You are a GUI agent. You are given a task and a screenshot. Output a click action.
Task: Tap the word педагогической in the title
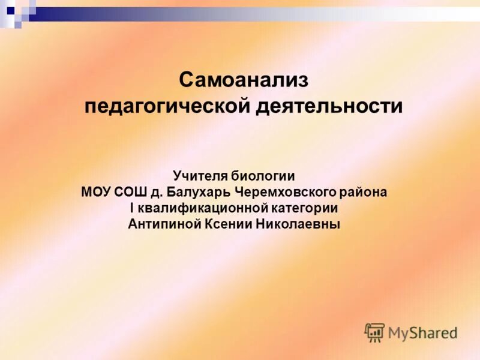coord(166,107)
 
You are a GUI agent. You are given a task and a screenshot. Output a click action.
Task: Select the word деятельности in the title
coord(329,107)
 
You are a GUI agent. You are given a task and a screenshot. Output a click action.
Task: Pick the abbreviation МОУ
coord(95,193)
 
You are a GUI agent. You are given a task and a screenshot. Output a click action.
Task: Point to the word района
coord(364,193)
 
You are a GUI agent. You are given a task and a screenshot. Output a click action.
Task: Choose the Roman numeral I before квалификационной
coord(133,209)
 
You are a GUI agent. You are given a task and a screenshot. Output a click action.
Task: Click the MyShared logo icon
coord(374,332)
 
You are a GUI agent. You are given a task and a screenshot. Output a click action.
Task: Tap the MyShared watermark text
coord(422,332)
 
